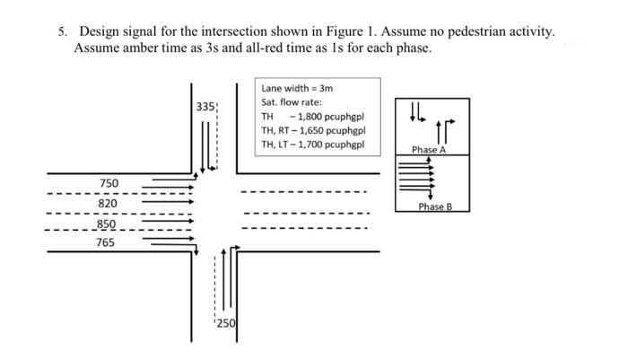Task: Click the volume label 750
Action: [109, 184]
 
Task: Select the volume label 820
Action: [109, 204]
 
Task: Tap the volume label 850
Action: [106, 224]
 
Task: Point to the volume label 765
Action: [106, 242]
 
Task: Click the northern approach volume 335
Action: [205, 107]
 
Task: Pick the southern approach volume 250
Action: [225, 323]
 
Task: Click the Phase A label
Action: [429, 150]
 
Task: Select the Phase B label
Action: [435, 207]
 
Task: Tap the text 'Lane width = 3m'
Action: [298, 89]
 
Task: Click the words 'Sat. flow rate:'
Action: [292, 102]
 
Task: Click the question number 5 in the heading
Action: [62, 31]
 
